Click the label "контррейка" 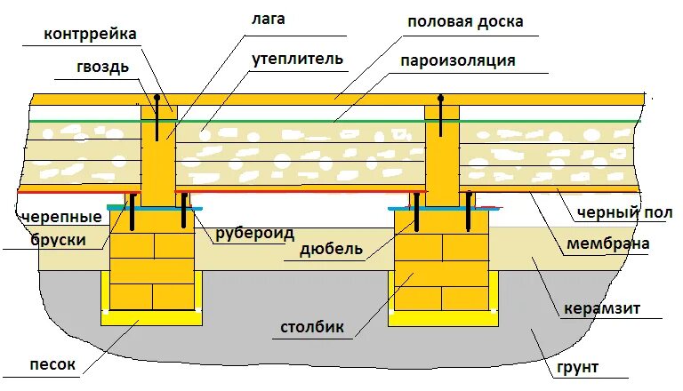coord(90,36)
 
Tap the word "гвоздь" coord(102,67)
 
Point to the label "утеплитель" coord(297,60)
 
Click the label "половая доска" coord(465,21)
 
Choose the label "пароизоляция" coord(458,61)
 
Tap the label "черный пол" coord(624,213)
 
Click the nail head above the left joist coord(157,97)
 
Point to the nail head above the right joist coord(440,96)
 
